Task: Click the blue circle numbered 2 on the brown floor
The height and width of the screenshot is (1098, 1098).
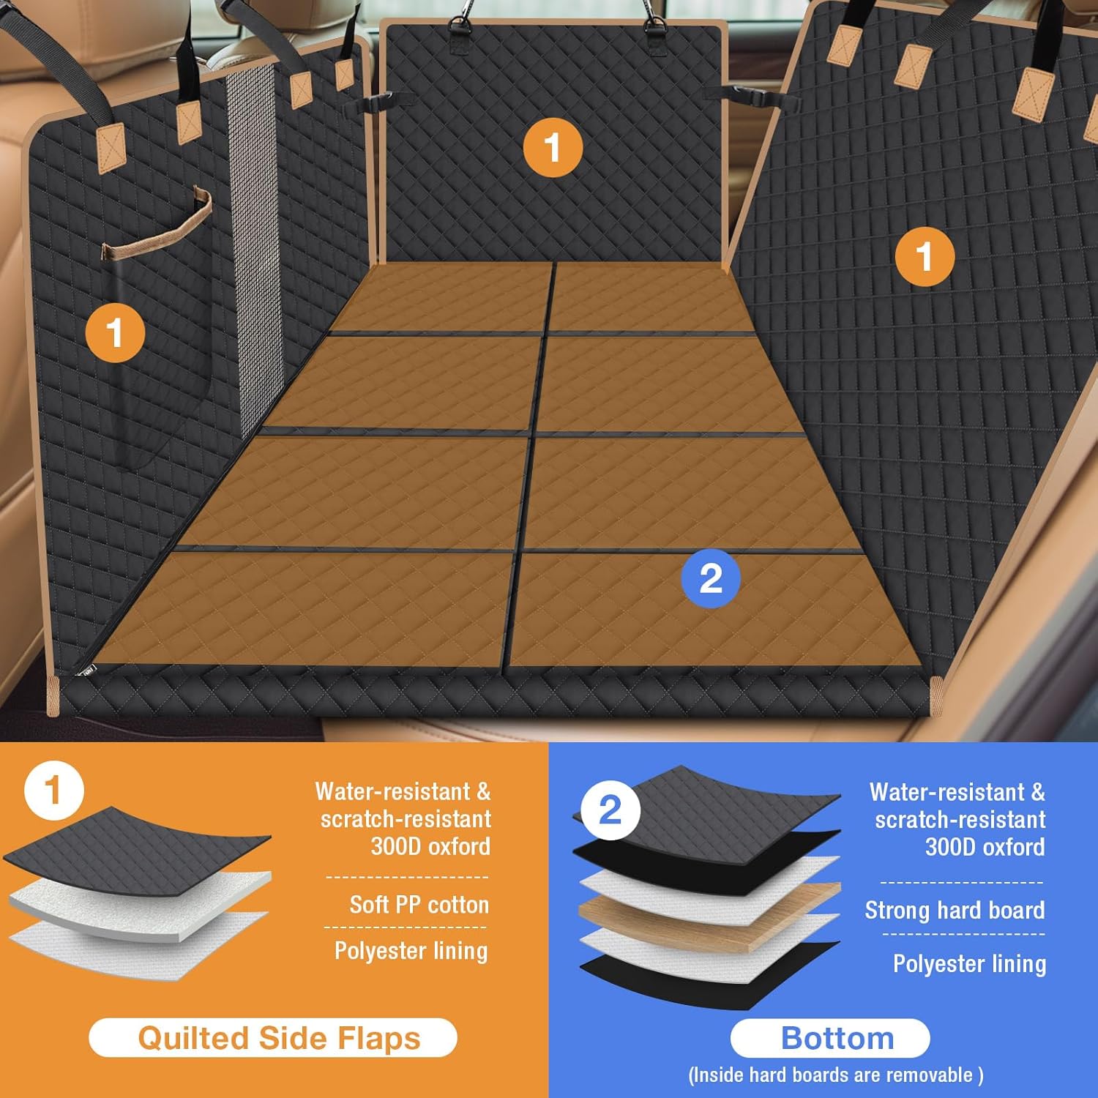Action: point(711,578)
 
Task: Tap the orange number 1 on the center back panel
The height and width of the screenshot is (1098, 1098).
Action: point(553,147)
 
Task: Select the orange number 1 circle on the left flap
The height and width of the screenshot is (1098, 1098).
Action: point(115,333)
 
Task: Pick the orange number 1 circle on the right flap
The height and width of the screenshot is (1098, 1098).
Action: point(925,256)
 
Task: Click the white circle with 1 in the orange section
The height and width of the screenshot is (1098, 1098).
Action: point(54,791)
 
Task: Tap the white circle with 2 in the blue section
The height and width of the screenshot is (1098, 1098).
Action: point(610,810)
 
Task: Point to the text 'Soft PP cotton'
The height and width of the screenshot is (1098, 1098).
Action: point(419,905)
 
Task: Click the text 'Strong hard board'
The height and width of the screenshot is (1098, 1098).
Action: point(955,910)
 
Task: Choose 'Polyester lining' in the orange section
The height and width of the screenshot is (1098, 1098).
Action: point(411,951)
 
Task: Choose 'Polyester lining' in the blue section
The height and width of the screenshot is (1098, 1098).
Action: point(969,963)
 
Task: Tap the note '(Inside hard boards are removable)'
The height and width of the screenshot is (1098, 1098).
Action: point(836,1075)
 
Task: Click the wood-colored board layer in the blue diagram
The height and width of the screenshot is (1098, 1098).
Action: point(709,916)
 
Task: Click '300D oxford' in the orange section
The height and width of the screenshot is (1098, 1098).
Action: point(430,846)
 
